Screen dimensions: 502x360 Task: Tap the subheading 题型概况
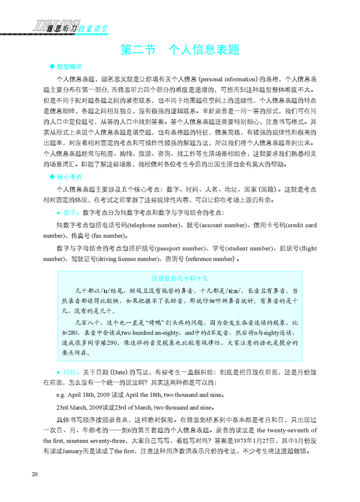70,66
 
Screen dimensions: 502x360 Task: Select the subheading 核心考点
70,177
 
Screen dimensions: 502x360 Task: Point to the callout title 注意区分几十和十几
180,278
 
